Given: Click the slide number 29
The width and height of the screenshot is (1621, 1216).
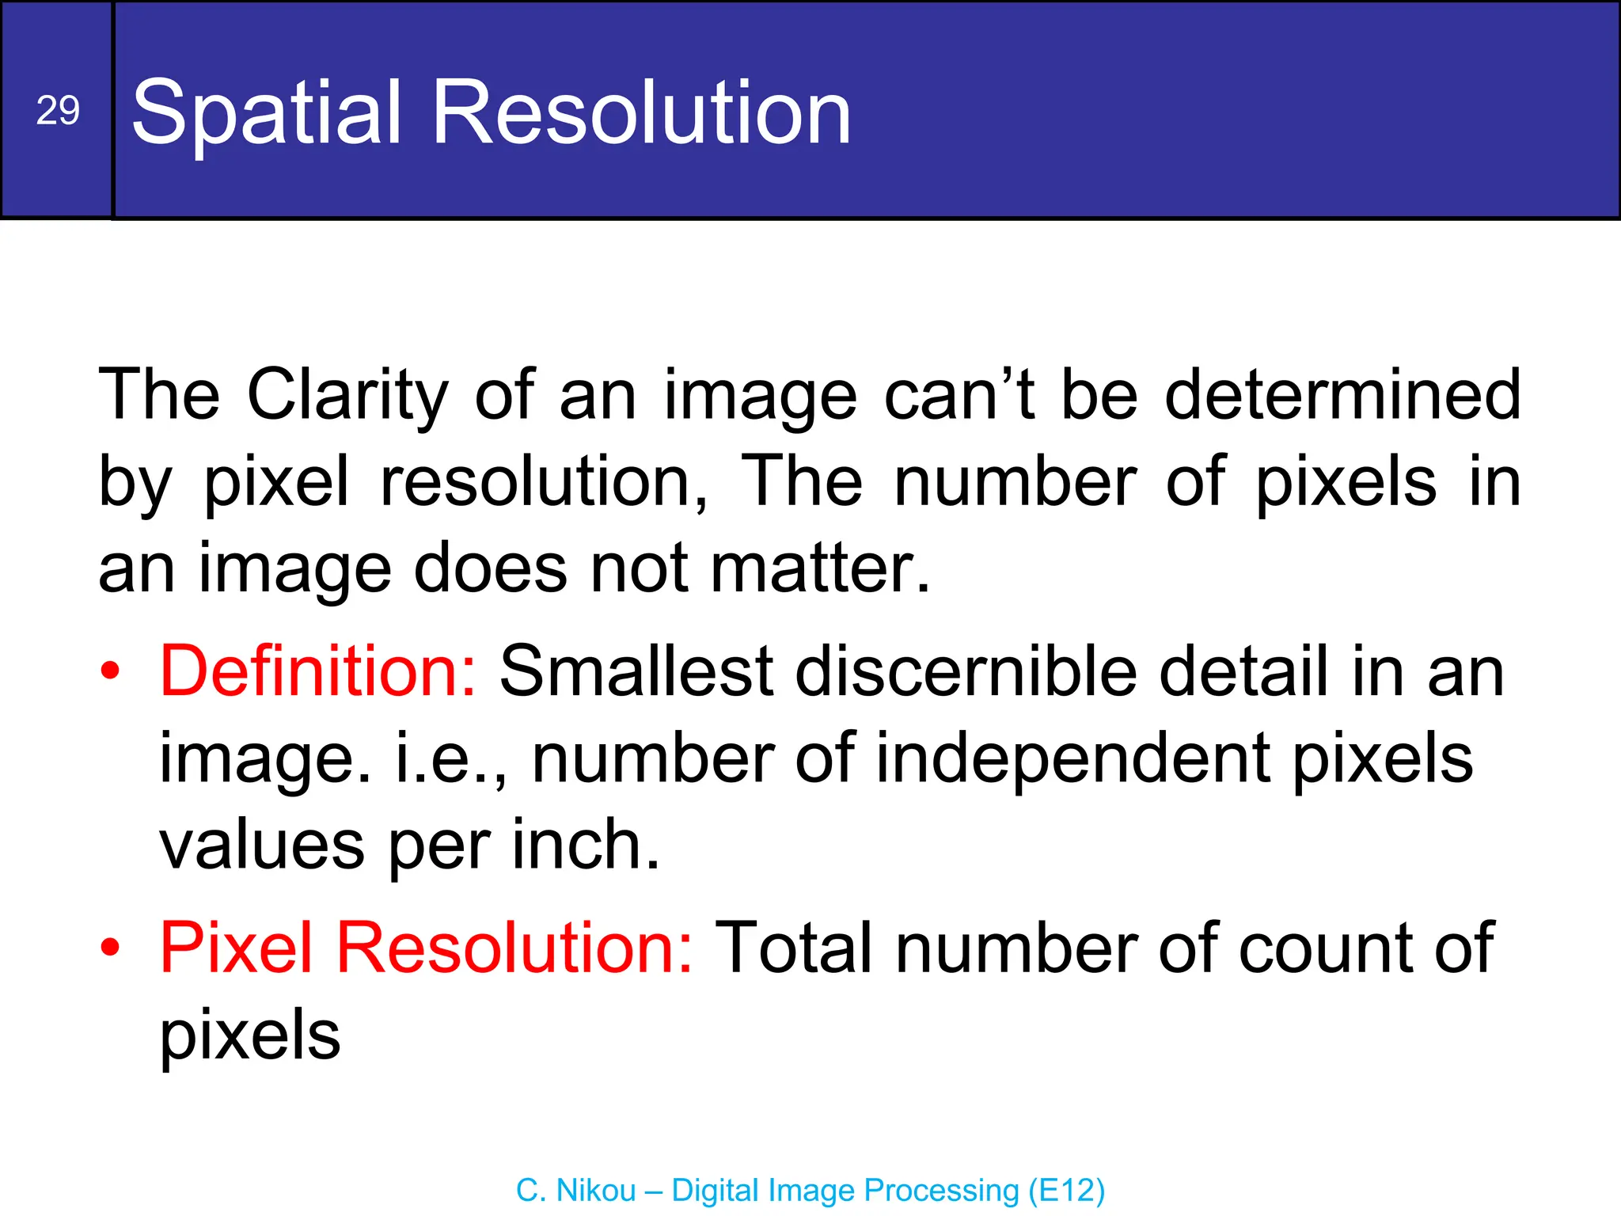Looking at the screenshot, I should click(x=58, y=110).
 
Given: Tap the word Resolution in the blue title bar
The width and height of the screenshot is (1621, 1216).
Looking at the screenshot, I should click(x=641, y=113).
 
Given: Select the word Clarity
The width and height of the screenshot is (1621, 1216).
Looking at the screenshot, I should click(x=347, y=396).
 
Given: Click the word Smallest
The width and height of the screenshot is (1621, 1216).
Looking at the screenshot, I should click(x=636, y=671).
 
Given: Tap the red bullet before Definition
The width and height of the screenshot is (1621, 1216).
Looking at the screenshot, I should click(x=111, y=671).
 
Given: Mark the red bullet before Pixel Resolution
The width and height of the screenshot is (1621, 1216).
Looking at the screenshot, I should click(x=111, y=948).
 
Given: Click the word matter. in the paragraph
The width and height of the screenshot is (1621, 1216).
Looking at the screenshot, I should click(x=820, y=568).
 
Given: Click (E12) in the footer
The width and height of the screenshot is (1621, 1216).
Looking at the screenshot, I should click(x=1066, y=1190).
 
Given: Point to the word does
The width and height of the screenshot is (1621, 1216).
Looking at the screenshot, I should click(x=491, y=568).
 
